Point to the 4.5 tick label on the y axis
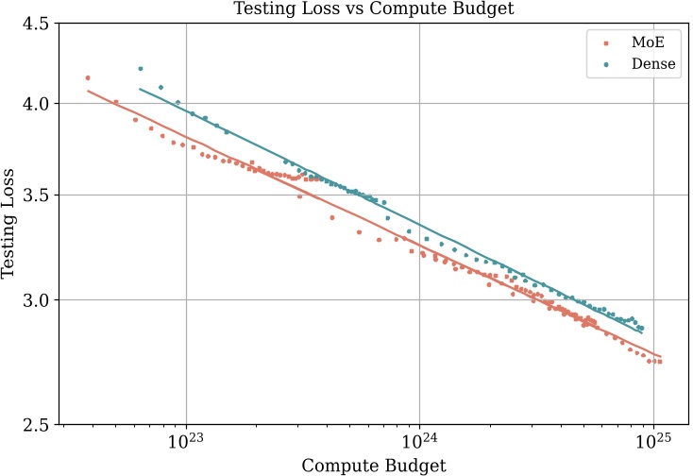click(37, 24)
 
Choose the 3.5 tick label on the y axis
click(37, 195)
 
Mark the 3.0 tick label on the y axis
click(37, 300)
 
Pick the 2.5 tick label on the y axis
click(37, 424)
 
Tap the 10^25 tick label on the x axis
click(651, 442)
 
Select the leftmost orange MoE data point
click(88, 78)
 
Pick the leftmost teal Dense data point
click(141, 69)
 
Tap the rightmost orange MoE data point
click(659, 362)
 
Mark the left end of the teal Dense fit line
click(140, 89)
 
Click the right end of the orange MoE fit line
click(662, 356)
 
